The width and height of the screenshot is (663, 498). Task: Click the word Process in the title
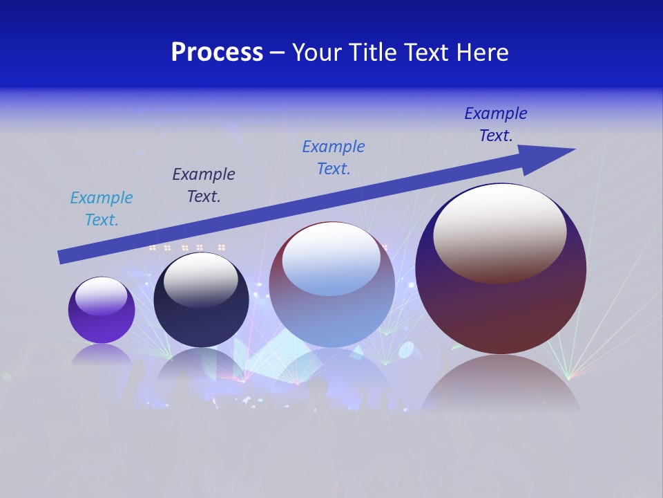(217, 53)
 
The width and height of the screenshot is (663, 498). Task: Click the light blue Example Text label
(102, 209)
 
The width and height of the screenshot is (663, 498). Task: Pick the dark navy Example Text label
(204, 185)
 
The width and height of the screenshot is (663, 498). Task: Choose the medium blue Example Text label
(334, 158)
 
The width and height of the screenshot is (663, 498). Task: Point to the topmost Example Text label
(496, 124)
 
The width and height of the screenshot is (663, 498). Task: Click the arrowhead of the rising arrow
(552, 154)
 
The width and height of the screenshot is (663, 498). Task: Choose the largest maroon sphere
(501, 311)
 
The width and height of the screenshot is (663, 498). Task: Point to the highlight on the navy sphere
(200, 280)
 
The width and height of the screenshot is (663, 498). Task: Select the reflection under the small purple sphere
(102, 354)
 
